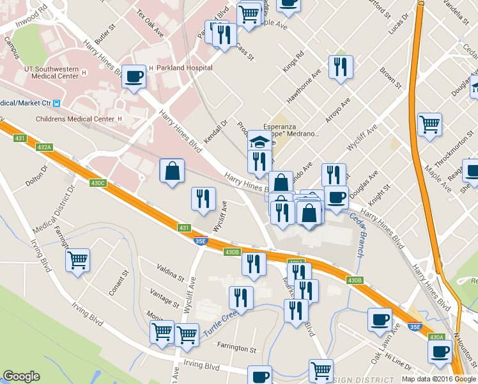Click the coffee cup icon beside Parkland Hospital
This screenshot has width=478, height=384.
pyautogui.click(x=134, y=77)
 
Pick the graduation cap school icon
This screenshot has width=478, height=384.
pyautogui.click(x=258, y=141)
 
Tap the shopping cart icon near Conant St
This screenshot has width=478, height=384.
pyautogui.click(x=78, y=260)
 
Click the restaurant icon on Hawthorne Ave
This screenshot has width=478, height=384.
pyautogui.click(x=341, y=67)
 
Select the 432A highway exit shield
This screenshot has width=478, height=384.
pyautogui.click(x=44, y=148)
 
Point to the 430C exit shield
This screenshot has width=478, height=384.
pyautogui.click(x=98, y=183)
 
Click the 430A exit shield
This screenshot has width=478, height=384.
pyautogui.click(x=436, y=337)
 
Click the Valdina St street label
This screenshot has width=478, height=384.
pyautogui.click(x=171, y=273)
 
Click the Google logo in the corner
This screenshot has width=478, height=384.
pyautogui.click(x=21, y=376)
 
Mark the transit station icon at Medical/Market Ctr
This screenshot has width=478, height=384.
pyautogui.click(x=57, y=103)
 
